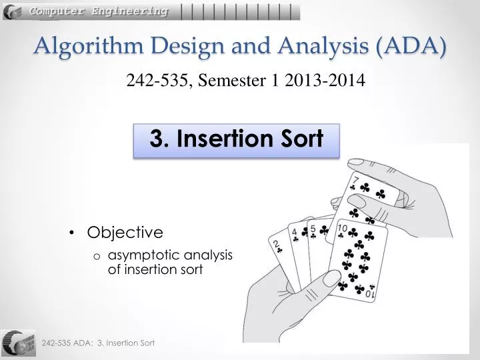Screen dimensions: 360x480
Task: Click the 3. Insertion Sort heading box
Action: click(237, 139)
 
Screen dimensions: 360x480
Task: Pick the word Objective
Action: click(125, 233)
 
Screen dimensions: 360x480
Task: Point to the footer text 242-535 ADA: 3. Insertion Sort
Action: click(98, 343)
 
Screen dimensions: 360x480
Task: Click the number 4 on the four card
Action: click(293, 234)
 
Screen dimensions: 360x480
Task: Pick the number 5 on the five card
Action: click(312, 229)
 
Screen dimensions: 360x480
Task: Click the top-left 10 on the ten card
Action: click(341, 227)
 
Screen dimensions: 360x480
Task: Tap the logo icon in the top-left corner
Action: click(12, 11)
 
